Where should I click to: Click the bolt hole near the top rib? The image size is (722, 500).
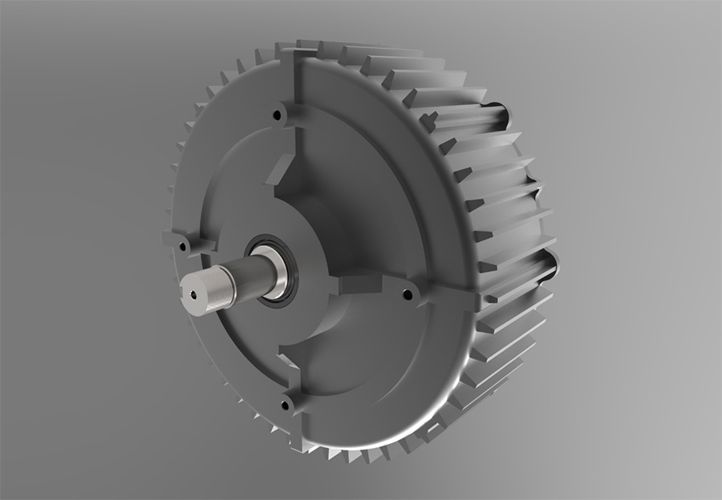[278, 115]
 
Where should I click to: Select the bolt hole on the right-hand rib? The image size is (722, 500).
[408, 295]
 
